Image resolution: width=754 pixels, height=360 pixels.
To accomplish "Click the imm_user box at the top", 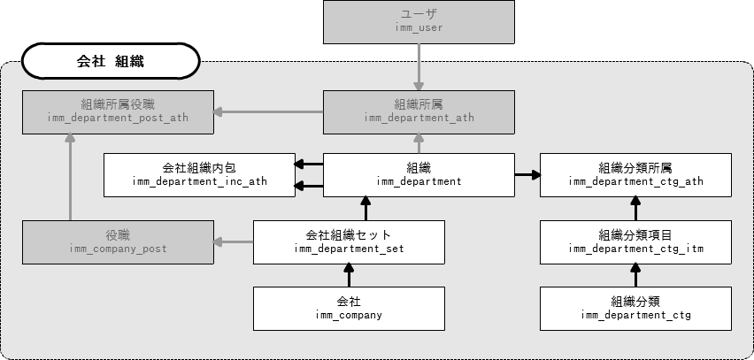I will [419, 22].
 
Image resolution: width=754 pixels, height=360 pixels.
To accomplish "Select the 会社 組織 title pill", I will [111, 62].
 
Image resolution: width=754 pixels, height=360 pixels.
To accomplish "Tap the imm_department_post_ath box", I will [118, 111].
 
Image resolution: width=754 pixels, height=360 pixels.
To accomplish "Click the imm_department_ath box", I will [419, 111].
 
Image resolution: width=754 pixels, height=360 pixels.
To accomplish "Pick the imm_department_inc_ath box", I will [199, 175].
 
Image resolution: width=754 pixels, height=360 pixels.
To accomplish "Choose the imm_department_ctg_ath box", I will [636, 175].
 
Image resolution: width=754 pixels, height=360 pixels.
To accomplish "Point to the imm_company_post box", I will [118, 241].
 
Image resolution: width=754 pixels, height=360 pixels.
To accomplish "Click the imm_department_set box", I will [348, 241].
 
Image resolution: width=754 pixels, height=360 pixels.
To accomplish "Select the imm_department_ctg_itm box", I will [636, 241].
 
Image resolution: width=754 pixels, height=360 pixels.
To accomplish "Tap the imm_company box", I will [348, 308].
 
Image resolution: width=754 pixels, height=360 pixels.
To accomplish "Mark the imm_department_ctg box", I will [636, 308].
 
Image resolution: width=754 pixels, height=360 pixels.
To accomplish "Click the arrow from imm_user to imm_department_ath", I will [419, 66].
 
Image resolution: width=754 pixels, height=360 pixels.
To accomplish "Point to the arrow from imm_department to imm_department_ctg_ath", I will [527, 175].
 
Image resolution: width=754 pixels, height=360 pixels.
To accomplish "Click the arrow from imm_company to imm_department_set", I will [348, 275].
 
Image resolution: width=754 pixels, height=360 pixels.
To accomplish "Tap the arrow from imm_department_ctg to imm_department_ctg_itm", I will [636, 275].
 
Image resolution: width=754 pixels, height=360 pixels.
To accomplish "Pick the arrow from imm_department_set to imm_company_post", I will [234, 241].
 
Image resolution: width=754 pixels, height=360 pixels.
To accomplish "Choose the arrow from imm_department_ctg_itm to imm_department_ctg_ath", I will [636, 209].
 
